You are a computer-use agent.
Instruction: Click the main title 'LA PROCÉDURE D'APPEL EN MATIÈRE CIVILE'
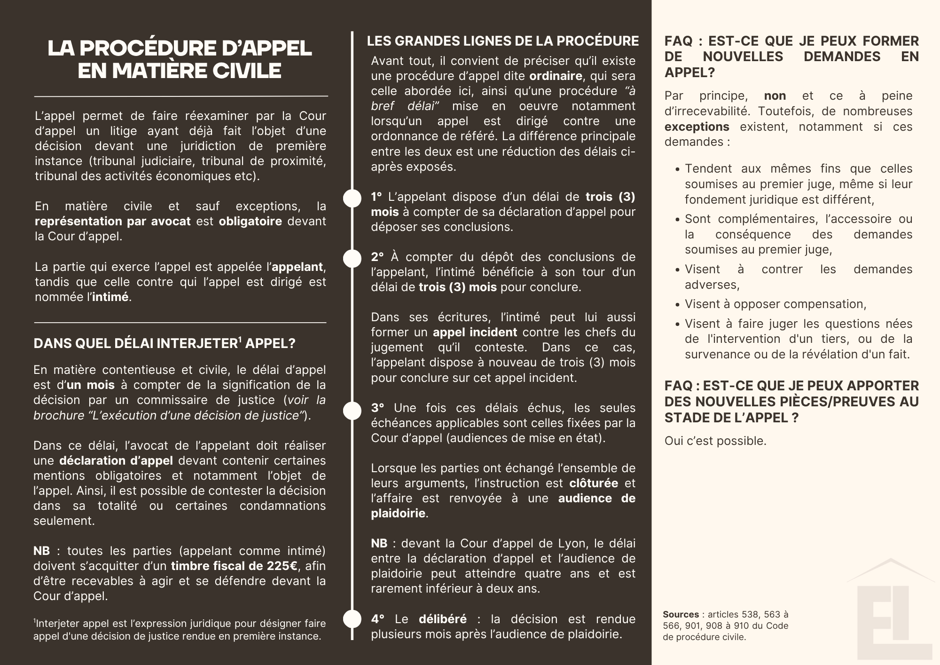click(x=180, y=60)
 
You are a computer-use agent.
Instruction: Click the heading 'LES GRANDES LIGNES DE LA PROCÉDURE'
click(x=502, y=41)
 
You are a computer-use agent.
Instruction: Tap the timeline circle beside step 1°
click(x=352, y=198)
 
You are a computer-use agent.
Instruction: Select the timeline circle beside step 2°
click(x=352, y=258)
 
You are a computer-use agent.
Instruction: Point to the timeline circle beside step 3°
click(x=352, y=410)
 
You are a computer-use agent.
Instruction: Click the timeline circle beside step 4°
click(x=352, y=619)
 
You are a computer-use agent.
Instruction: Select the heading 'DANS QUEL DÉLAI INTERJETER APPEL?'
click(x=164, y=343)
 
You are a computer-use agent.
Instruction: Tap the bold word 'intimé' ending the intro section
click(x=110, y=297)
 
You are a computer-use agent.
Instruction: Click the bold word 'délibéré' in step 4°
click(x=443, y=619)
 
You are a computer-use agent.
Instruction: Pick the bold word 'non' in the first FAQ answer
click(x=775, y=96)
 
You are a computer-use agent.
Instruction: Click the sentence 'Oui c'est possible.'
click(x=715, y=441)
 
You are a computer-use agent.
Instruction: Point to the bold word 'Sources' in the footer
click(x=681, y=614)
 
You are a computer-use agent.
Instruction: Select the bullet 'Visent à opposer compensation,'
click(x=775, y=304)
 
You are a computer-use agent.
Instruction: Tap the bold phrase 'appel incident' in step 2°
click(x=475, y=332)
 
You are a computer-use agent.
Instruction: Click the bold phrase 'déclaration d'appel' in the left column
click(x=116, y=461)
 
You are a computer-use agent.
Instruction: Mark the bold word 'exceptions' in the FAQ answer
click(x=697, y=127)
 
